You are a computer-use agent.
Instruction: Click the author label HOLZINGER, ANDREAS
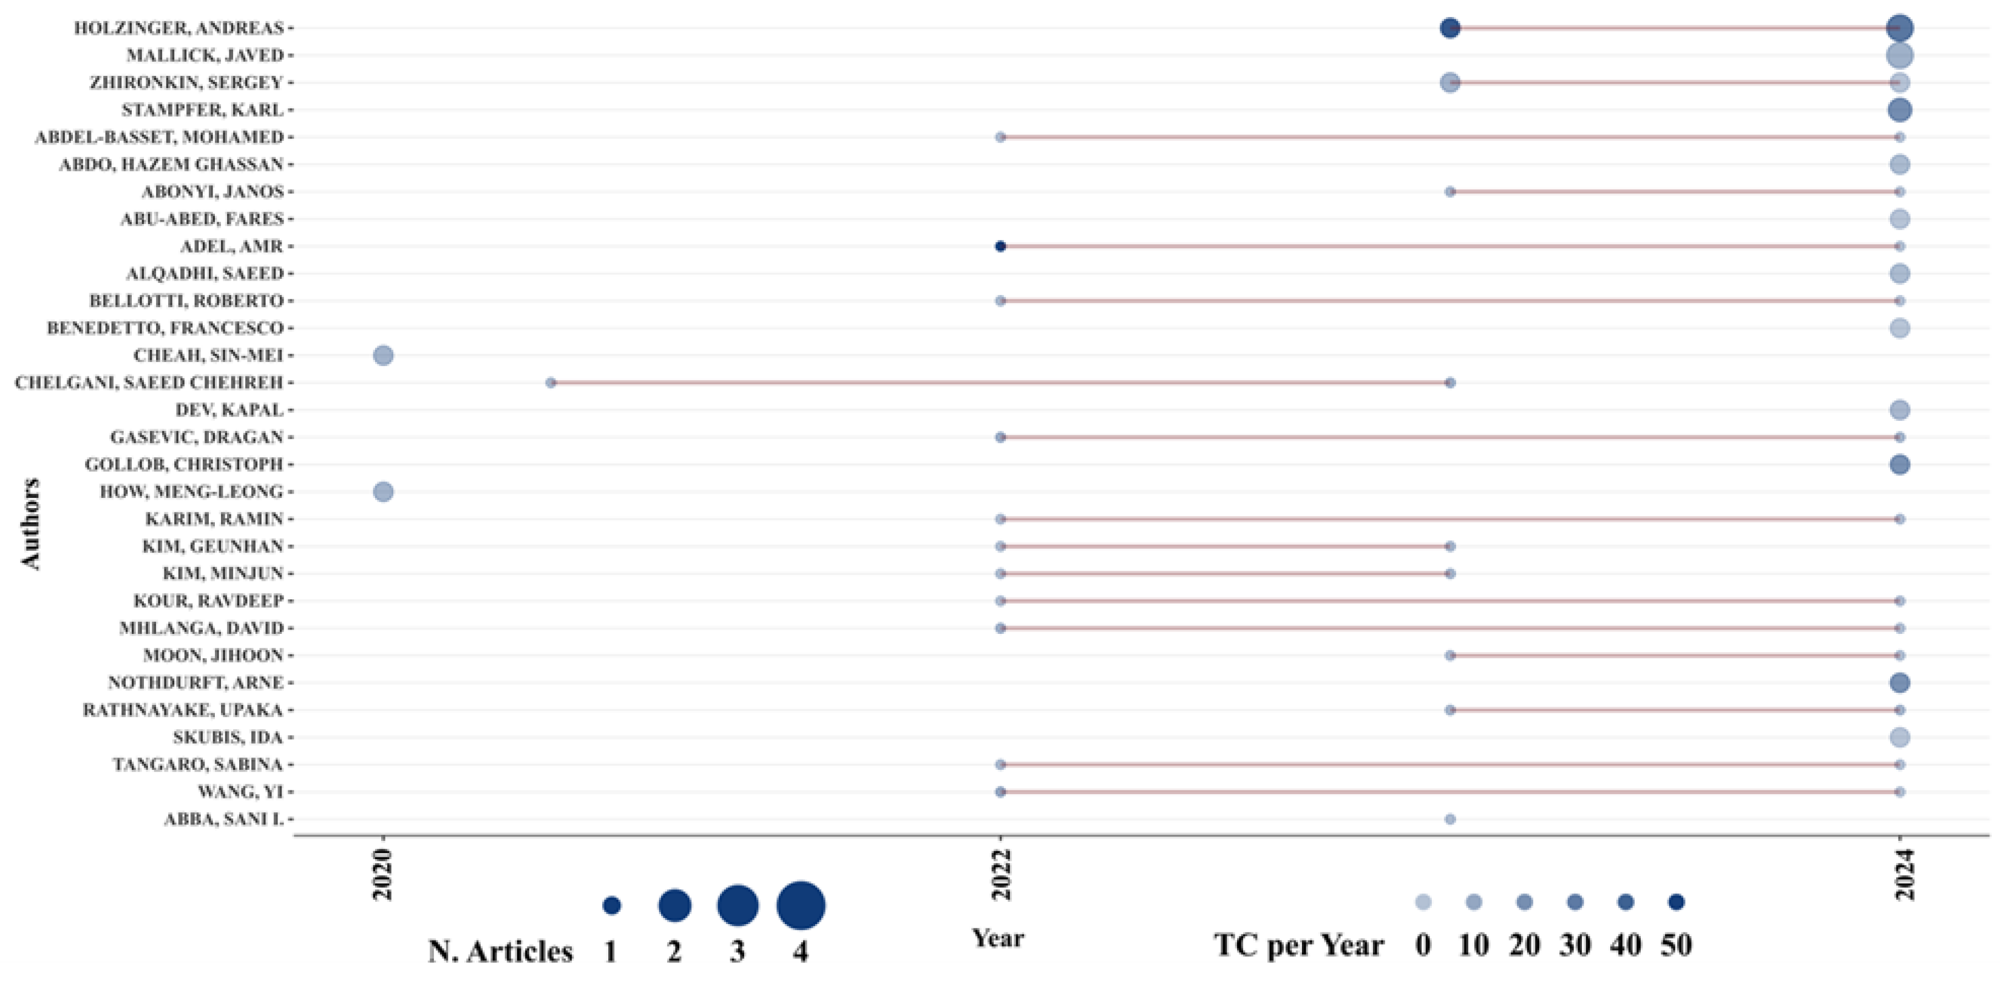[178, 28]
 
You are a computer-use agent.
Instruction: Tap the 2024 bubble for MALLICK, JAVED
[1899, 55]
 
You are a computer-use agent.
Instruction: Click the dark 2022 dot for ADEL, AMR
[1000, 246]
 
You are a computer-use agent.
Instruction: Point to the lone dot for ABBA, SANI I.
[1449, 819]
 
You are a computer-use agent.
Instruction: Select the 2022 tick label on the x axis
[1002, 874]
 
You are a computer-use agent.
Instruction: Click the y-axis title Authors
[30, 524]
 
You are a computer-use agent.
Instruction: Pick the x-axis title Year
[998, 938]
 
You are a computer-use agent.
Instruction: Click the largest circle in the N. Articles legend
[801, 905]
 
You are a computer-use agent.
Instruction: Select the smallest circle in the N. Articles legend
[612, 905]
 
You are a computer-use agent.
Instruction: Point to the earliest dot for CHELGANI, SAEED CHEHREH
[551, 382]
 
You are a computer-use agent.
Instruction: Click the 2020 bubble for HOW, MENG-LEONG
[383, 491]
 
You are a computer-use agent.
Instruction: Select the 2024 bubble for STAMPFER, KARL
[1899, 109]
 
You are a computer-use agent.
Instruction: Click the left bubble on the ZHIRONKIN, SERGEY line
[1449, 83]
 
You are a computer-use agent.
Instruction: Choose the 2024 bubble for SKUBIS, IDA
[1899, 737]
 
